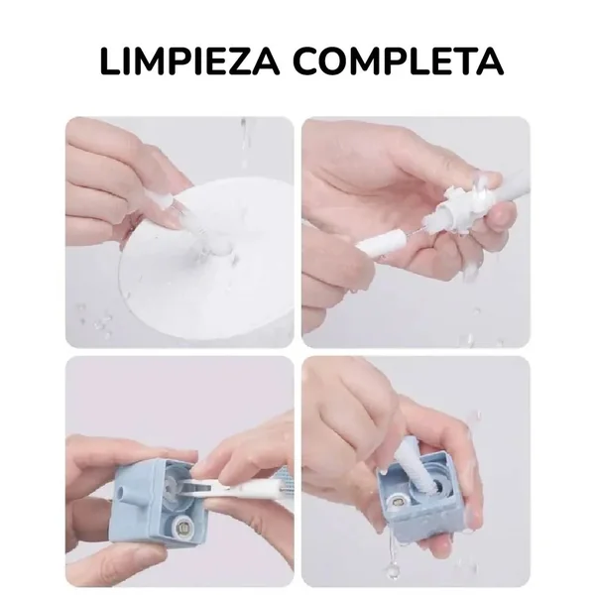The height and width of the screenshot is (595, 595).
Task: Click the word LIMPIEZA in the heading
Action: [x=189, y=61]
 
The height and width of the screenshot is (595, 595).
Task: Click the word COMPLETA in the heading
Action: [x=399, y=61]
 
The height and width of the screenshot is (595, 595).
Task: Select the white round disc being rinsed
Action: [x=207, y=262]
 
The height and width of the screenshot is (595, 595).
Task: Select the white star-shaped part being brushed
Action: [x=458, y=207]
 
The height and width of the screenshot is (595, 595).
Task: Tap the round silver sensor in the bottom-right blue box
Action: [x=397, y=504]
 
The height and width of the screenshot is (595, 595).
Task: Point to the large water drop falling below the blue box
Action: [x=391, y=568]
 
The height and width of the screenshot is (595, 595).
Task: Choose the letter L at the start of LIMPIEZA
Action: [x=110, y=61]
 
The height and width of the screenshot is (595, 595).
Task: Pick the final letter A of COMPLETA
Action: [x=490, y=61]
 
